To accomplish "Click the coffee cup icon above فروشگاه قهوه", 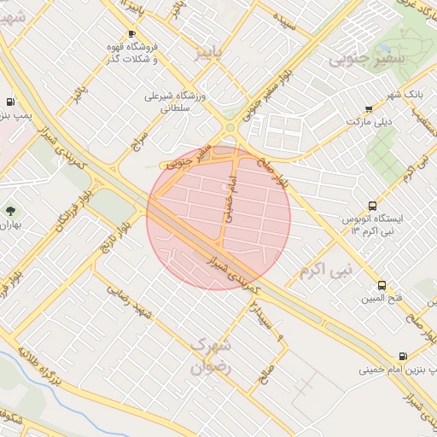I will (131, 33).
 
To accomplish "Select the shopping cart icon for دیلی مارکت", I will (368, 109).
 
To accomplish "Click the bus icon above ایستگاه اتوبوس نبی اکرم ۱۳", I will (372, 206).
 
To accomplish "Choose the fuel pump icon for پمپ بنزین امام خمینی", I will (402, 356).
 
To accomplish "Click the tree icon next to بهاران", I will (10, 209).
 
